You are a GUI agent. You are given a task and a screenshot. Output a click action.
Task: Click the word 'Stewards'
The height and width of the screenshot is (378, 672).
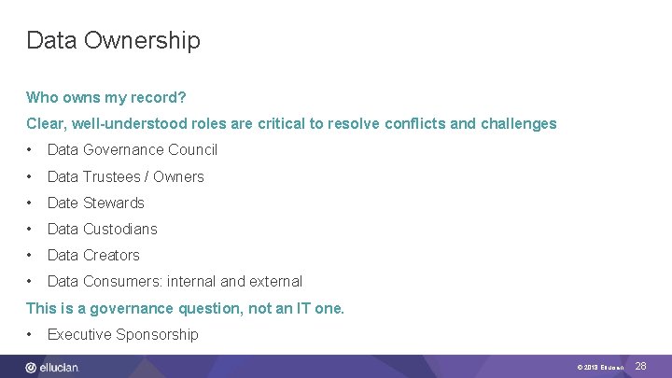pyautogui.click(x=114, y=203)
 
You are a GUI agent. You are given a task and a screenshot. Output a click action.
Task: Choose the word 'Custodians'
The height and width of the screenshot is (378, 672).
pyautogui.click(x=120, y=229)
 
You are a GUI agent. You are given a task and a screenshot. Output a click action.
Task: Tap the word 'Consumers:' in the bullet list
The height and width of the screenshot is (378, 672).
pyautogui.click(x=121, y=281)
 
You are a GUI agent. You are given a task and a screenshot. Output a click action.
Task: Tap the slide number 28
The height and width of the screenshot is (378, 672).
pyautogui.click(x=640, y=367)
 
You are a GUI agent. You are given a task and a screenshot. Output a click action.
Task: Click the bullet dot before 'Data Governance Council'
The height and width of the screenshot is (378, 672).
pyautogui.click(x=31, y=149)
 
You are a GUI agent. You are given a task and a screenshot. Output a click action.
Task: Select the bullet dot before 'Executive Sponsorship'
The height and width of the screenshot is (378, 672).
pyautogui.click(x=31, y=334)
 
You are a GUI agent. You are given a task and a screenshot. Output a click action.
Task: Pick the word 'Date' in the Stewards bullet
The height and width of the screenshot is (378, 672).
pyautogui.click(x=63, y=203)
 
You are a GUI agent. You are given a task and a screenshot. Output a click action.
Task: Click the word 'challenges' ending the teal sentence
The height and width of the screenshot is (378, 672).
pyautogui.click(x=518, y=123)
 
